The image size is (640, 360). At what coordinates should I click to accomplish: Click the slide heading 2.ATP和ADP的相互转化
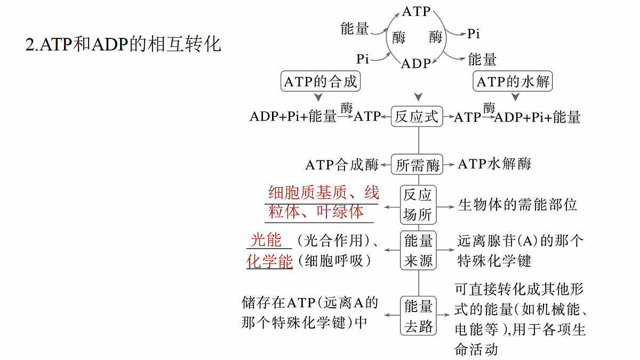pyautogui.click(x=123, y=44)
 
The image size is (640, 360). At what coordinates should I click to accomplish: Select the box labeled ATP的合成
pyautogui.click(x=321, y=82)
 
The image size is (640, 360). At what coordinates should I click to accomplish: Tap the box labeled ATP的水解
pyautogui.click(x=513, y=82)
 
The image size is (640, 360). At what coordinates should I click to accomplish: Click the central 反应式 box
pyautogui.click(x=417, y=117)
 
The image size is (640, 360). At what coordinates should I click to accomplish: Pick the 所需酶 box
pyautogui.click(x=417, y=165)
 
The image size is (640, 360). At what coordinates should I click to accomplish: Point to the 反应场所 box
pyautogui.click(x=418, y=205)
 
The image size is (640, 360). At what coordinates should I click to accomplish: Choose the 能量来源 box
pyautogui.click(x=418, y=250)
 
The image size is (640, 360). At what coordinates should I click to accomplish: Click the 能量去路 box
pyautogui.click(x=418, y=316)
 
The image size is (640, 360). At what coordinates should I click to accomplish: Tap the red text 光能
pyautogui.click(x=266, y=239)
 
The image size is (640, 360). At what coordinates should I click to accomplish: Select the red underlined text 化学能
pyautogui.click(x=269, y=261)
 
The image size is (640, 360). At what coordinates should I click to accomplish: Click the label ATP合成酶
pyautogui.click(x=342, y=165)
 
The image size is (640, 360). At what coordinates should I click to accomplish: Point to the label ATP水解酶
pyautogui.click(x=494, y=164)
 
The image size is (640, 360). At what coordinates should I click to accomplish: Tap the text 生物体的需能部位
pyautogui.click(x=517, y=205)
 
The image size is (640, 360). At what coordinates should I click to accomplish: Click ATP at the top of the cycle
pyautogui.click(x=417, y=12)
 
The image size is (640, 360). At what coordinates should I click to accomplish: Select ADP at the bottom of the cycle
pyautogui.click(x=416, y=63)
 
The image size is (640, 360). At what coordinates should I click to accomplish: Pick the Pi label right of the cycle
pyautogui.click(x=474, y=34)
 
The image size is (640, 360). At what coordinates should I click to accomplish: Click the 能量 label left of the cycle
pyautogui.click(x=355, y=29)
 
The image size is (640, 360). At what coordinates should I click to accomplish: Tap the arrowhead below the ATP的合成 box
pyautogui.click(x=318, y=97)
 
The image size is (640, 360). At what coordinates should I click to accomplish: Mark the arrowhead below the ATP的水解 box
pyautogui.click(x=515, y=97)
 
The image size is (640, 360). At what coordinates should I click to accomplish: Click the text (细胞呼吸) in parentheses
pyautogui.click(x=334, y=261)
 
